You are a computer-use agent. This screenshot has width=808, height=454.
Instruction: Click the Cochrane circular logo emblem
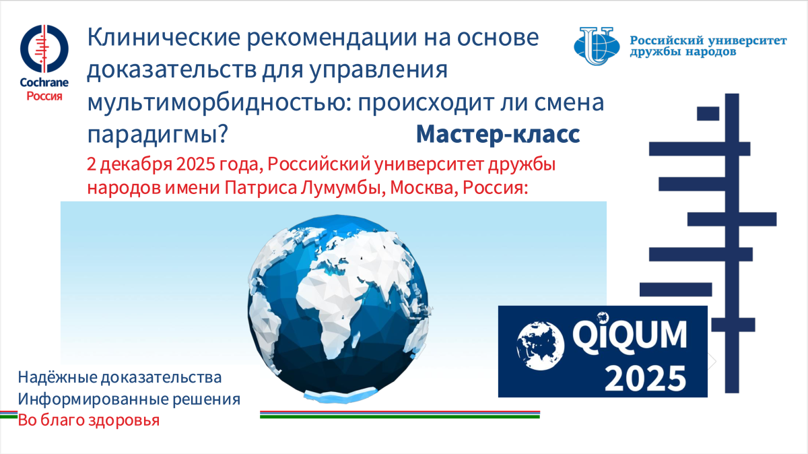(x=44, y=48)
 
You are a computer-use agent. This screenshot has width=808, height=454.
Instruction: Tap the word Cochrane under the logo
(x=44, y=83)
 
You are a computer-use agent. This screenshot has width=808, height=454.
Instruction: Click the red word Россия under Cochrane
(x=44, y=96)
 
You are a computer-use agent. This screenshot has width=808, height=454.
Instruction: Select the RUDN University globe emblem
(x=597, y=46)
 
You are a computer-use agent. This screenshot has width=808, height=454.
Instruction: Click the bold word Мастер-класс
(x=498, y=134)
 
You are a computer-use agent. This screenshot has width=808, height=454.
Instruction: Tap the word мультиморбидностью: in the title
(x=220, y=102)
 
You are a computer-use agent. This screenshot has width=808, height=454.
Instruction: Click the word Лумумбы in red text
(x=341, y=188)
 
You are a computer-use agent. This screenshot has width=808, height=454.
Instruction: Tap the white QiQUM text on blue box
(x=630, y=335)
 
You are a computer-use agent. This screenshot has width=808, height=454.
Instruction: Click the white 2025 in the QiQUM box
(x=645, y=378)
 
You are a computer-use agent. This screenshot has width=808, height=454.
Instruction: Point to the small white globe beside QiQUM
(x=540, y=346)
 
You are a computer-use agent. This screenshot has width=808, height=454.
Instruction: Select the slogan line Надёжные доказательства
(x=120, y=377)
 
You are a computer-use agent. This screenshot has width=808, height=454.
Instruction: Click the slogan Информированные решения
(x=129, y=399)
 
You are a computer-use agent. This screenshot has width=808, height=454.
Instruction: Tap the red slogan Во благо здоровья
(x=89, y=420)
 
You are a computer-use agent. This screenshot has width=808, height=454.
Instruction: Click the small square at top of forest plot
(x=708, y=114)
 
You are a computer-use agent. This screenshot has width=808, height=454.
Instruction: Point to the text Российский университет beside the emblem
(x=708, y=40)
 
